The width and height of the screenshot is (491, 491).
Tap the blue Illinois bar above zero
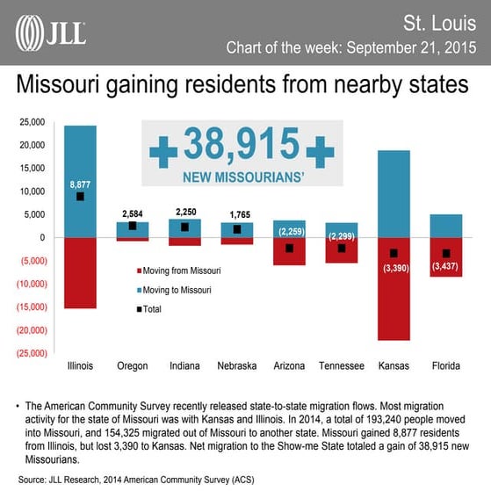[x=80, y=158]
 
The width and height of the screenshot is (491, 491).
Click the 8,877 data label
[x=80, y=184]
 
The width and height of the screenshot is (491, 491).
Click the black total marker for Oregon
[x=133, y=226]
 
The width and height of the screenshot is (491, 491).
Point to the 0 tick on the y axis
[x=40, y=237]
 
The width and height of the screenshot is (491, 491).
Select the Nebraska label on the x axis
[x=238, y=365]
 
